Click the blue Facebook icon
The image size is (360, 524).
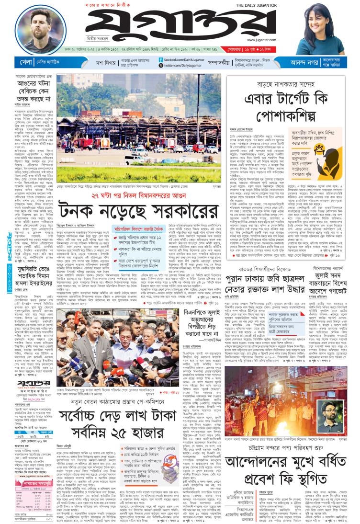click(161, 59)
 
